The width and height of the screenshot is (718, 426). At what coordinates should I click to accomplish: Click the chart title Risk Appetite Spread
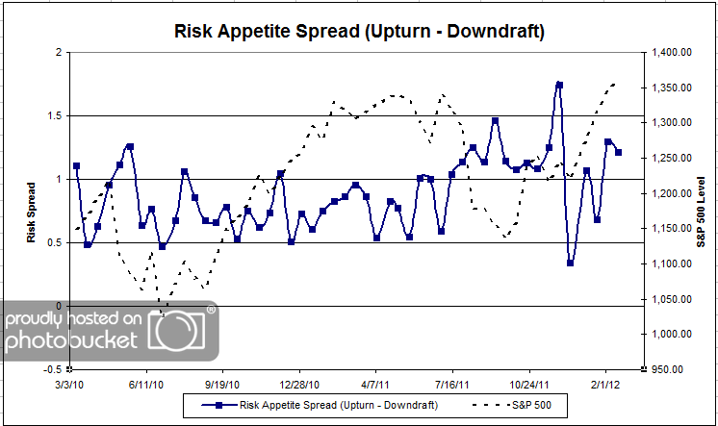359,32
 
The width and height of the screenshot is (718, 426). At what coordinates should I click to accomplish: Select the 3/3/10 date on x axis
70,382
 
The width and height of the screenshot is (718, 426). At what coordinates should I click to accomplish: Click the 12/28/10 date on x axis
299,382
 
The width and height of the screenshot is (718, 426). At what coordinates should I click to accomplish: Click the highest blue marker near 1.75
559,85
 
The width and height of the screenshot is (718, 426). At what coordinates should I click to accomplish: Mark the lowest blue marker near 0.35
571,263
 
